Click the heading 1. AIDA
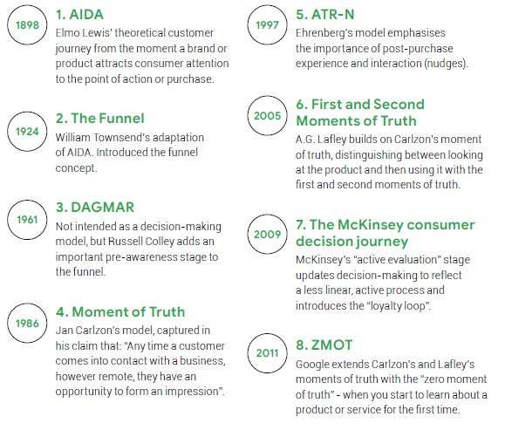(79, 14)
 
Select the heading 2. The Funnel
(100, 119)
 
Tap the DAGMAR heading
(95, 208)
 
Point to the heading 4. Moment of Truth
(120, 312)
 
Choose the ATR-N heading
(324, 14)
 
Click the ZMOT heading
(324, 345)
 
